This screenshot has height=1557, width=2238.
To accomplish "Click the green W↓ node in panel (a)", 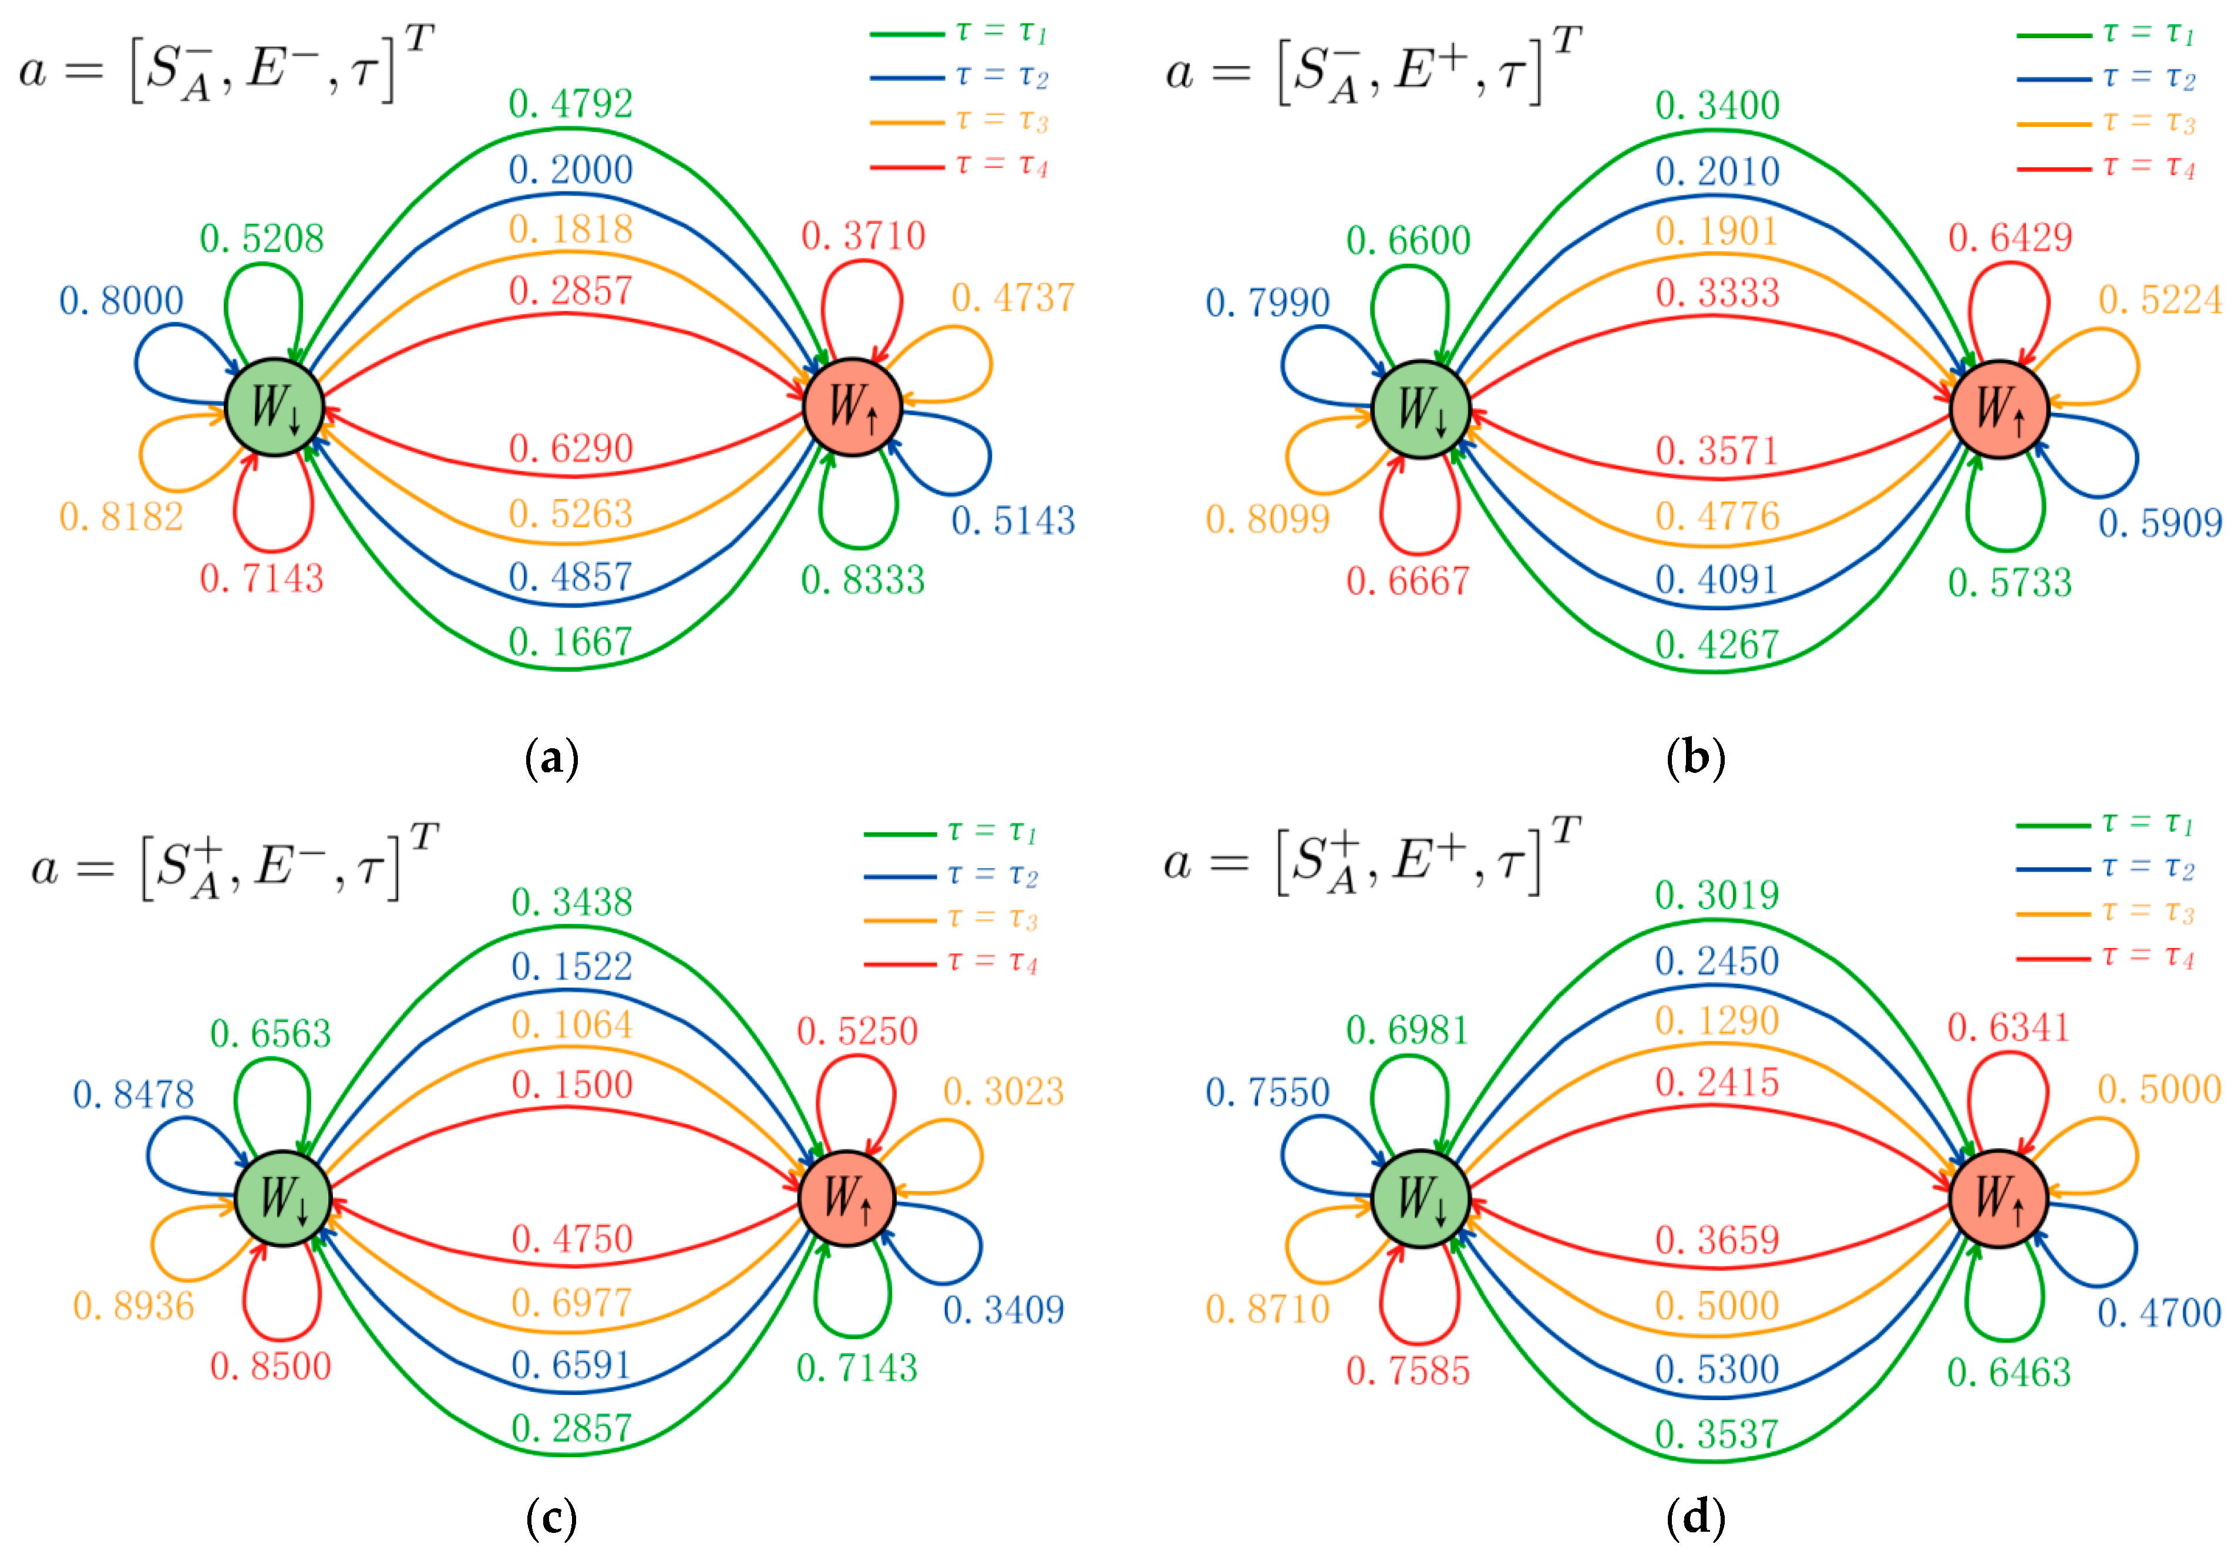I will click(274, 406).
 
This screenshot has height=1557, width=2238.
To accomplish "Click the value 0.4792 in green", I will click(570, 103).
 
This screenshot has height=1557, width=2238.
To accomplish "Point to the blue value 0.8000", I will click(121, 300).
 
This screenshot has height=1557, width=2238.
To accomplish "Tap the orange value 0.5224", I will click(2160, 300).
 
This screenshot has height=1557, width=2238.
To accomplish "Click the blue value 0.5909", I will click(2160, 523).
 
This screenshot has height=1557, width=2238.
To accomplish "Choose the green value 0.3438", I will click(571, 902).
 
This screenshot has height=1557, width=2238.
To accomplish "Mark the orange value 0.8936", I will click(133, 1306).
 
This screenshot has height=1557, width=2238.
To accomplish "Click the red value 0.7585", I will click(1406, 1371).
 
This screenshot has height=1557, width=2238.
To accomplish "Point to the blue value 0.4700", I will click(2159, 1313).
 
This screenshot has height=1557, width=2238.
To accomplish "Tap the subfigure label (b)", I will click(1696, 758).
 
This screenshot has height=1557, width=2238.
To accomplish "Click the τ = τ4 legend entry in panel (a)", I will click(959, 166).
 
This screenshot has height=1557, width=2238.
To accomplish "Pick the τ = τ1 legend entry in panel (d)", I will click(2105, 825).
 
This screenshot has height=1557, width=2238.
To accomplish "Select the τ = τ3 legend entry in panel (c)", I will click(950, 919).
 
